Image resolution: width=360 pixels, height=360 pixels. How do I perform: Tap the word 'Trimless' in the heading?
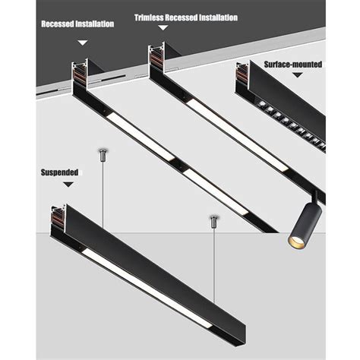156,17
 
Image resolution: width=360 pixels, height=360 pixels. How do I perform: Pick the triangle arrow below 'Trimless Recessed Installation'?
161,28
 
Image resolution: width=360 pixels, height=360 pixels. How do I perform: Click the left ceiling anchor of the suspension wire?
101,155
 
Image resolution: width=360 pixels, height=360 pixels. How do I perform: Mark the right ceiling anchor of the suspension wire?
213,222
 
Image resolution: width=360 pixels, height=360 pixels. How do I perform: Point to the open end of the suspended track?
56,219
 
